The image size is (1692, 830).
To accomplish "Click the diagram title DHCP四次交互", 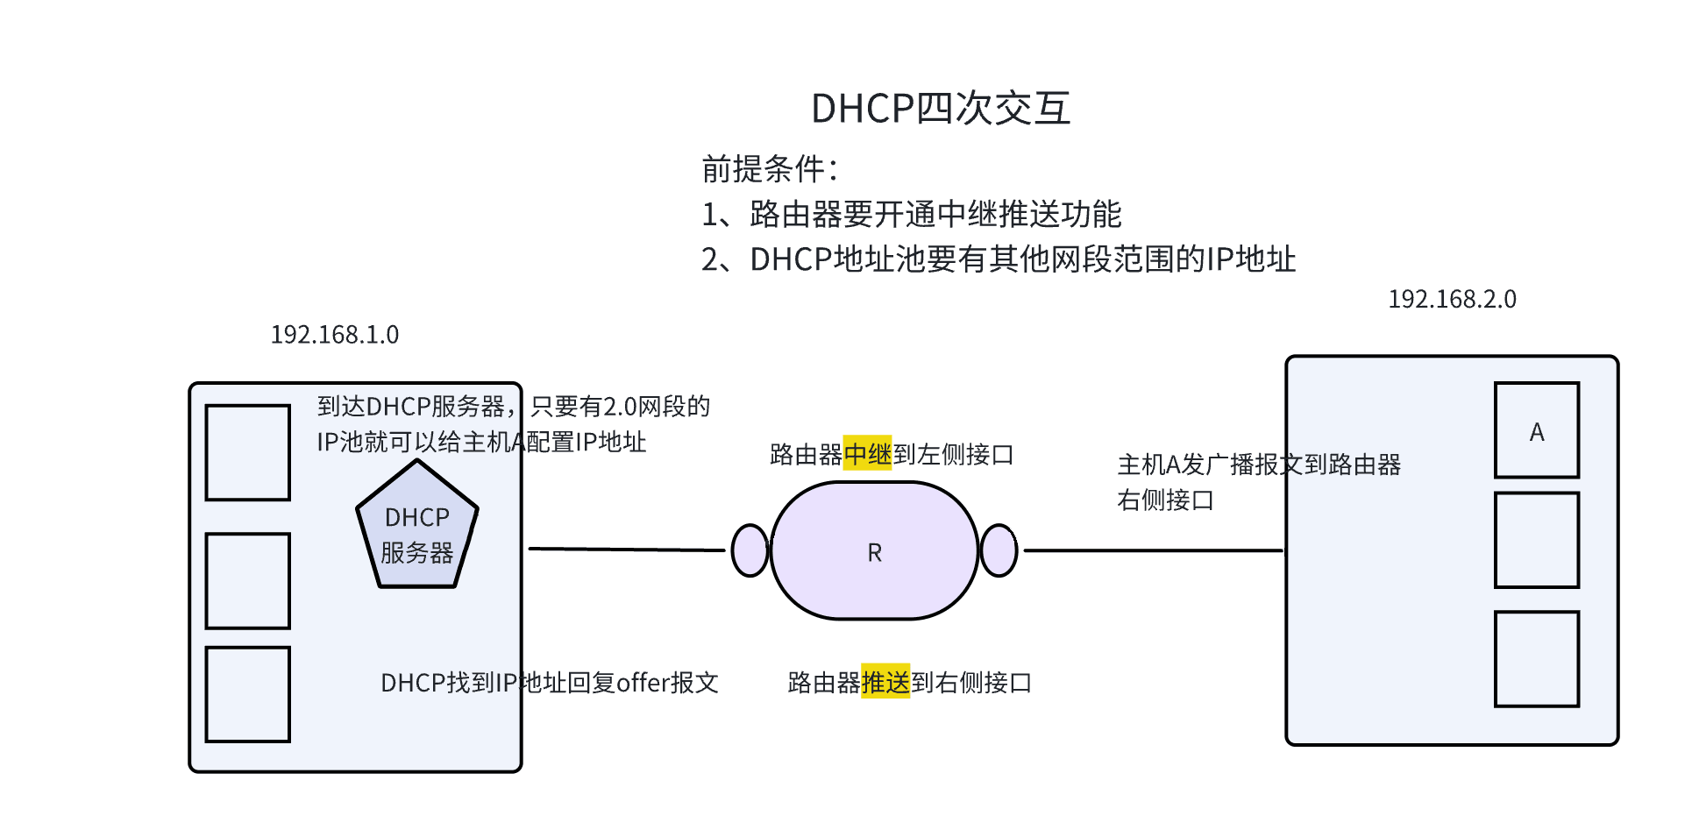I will [x=941, y=109].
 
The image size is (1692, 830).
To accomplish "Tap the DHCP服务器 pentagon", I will [x=417, y=530].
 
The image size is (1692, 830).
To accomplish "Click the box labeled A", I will [x=1536, y=431].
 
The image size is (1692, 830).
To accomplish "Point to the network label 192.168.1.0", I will [x=334, y=335].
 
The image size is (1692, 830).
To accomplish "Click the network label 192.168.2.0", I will [x=1452, y=300].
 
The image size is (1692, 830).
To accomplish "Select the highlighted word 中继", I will [x=867, y=454].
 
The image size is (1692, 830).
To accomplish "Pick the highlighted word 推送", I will [x=885, y=682].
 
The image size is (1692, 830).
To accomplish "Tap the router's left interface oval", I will [x=750, y=550].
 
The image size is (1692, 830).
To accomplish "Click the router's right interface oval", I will [x=999, y=550].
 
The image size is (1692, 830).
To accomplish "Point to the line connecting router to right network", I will [x=1153, y=550].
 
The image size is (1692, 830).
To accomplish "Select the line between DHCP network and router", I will [x=627, y=550].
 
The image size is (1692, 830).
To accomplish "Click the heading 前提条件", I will [x=770, y=168].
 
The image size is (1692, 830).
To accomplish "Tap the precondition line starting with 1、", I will [x=912, y=214].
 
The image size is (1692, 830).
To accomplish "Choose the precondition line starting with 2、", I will [x=998, y=259].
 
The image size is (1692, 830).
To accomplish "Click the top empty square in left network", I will [x=248, y=452].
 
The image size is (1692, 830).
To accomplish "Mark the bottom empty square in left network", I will [x=248, y=694].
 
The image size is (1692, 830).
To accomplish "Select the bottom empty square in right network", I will [x=1536, y=659].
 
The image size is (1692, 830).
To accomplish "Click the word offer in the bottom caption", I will [x=643, y=682].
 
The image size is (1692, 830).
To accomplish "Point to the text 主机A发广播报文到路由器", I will [x=1259, y=465].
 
